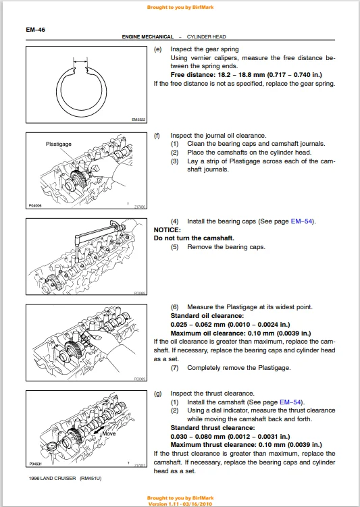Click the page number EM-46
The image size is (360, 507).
tap(36, 30)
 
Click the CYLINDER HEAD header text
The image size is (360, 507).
tap(207, 37)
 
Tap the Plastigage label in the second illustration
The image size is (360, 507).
tap(59, 144)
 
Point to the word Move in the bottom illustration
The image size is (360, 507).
tap(109, 433)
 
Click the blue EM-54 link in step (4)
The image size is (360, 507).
tap(302, 221)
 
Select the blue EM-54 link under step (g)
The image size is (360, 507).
tap(290, 402)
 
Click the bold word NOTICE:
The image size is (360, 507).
tap(168, 230)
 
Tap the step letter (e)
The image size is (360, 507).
tap(158, 49)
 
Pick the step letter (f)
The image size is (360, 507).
tap(157, 136)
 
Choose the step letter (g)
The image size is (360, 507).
tap(158, 394)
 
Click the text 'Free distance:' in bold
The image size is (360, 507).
tap(192, 75)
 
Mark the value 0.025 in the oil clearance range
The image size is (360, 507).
tap(179, 325)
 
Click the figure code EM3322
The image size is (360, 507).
tap(138, 120)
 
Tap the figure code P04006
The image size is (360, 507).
tap(35, 205)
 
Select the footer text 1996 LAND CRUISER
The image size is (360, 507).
tap(53, 479)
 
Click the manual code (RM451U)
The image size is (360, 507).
tap(91, 479)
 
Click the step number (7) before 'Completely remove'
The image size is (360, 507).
tap(175, 368)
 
